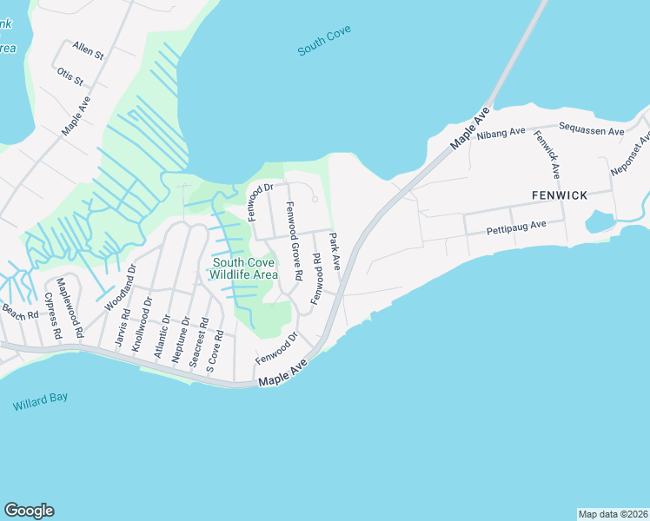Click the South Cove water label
(x=324, y=45)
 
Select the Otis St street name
(x=70, y=76)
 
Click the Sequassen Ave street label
(x=592, y=131)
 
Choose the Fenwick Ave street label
(x=548, y=155)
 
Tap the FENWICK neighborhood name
(x=560, y=195)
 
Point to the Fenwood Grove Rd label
(x=293, y=240)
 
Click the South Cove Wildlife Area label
(x=244, y=268)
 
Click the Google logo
(x=29, y=511)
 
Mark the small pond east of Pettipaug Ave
(x=600, y=222)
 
